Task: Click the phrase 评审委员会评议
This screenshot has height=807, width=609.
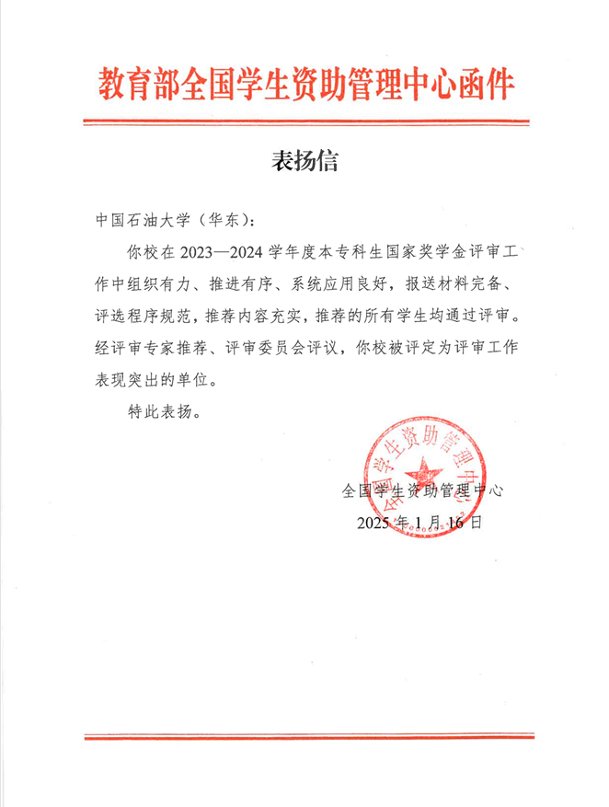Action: (286, 347)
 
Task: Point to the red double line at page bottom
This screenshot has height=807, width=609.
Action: (304, 736)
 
